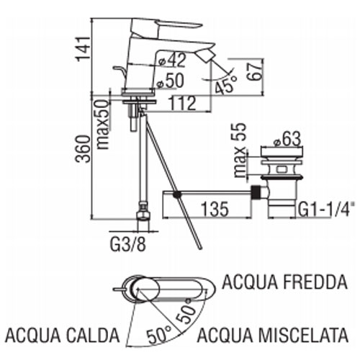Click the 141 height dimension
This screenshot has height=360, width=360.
(83, 49)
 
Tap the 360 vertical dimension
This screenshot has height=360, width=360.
(83, 149)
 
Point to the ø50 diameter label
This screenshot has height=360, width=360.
(170, 81)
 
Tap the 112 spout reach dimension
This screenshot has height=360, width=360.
(183, 104)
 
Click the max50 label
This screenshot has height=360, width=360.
(102, 124)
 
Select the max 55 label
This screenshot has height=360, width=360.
(240, 150)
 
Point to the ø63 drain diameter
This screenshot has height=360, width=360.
(287, 139)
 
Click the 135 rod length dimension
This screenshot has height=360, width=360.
(215, 209)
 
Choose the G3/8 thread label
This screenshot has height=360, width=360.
(128, 244)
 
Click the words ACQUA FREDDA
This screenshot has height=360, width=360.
(284, 282)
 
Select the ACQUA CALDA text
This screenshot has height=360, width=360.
(63, 335)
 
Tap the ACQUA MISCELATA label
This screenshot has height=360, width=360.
(273, 335)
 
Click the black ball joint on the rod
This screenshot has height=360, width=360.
(177, 194)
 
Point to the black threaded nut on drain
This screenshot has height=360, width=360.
(256, 192)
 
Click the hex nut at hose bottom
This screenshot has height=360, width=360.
(143, 215)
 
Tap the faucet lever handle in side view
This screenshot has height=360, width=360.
(166, 27)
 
